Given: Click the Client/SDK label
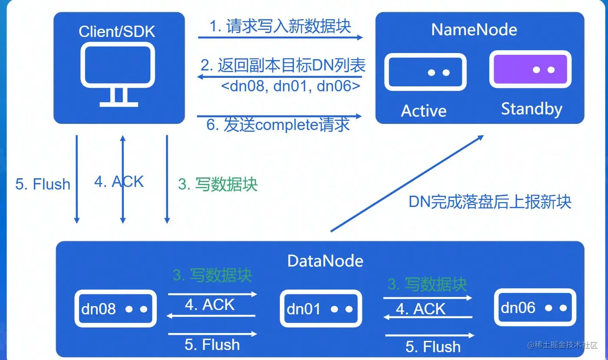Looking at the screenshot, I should click(117, 31).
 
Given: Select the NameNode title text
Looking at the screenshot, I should click(474, 30).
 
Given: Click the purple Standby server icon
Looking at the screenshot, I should click(530, 70).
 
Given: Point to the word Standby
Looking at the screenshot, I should click(532, 109).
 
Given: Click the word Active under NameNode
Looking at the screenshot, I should click(423, 111).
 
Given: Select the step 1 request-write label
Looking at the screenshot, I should click(280, 27).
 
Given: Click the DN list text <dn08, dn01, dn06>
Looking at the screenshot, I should click(290, 86).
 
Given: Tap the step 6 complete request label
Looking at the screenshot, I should click(278, 125).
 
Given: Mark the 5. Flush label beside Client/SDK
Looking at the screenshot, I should click(43, 184).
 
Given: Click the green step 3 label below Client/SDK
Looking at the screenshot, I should click(218, 184).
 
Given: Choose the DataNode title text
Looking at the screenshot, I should click(325, 261).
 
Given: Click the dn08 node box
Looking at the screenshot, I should click(116, 309).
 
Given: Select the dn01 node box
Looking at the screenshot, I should click(321, 309).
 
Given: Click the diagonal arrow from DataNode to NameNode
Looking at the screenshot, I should click(407, 183).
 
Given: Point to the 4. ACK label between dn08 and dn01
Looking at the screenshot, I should click(210, 305).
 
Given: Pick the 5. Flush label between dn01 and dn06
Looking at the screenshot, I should click(433, 347).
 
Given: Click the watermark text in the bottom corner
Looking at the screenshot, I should click(563, 345).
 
